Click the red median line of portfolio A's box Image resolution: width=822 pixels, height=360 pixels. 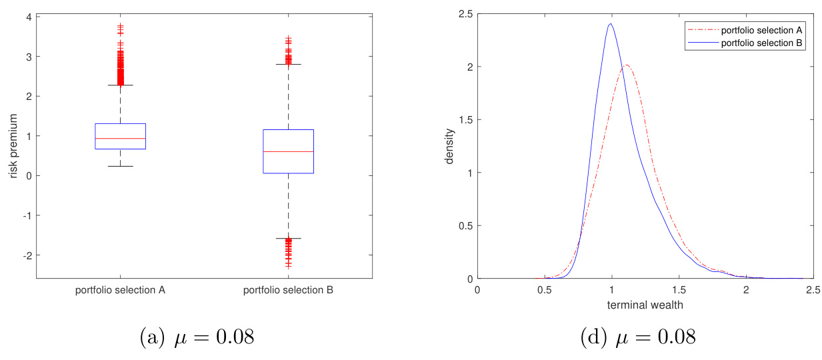[120, 139]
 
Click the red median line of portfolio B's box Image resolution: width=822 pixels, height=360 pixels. [288, 152]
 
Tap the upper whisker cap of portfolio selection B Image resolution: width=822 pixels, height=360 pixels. [288, 65]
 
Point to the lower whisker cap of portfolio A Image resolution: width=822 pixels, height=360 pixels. [120, 166]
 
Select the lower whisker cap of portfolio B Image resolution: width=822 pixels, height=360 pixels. [288, 238]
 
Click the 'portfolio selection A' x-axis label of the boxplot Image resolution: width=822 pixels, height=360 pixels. [120, 291]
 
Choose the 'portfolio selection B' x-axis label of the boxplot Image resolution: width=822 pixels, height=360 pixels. [288, 291]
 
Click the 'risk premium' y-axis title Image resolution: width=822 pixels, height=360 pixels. [13, 146]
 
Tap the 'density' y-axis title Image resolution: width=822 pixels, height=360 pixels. [451, 146]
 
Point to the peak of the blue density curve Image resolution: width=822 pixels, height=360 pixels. [610, 24]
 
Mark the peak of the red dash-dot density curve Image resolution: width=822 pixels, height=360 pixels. [627, 65]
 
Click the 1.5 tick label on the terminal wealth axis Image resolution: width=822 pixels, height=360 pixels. [679, 290]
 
